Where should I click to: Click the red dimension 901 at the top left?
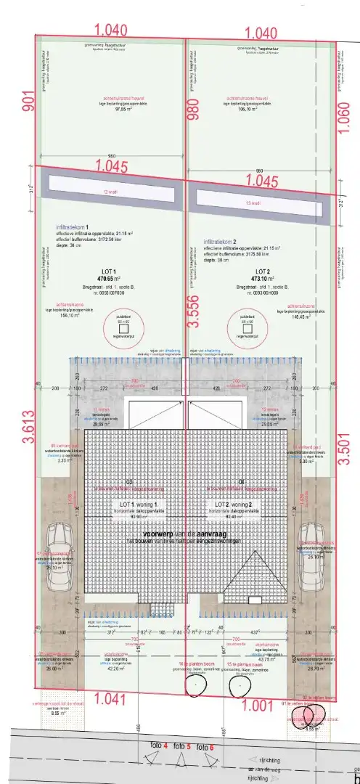click(x=11, y=100)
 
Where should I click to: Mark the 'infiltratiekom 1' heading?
click(x=75, y=226)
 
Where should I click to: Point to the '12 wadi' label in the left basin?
click(x=110, y=192)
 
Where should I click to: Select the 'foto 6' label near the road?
click(x=206, y=747)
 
